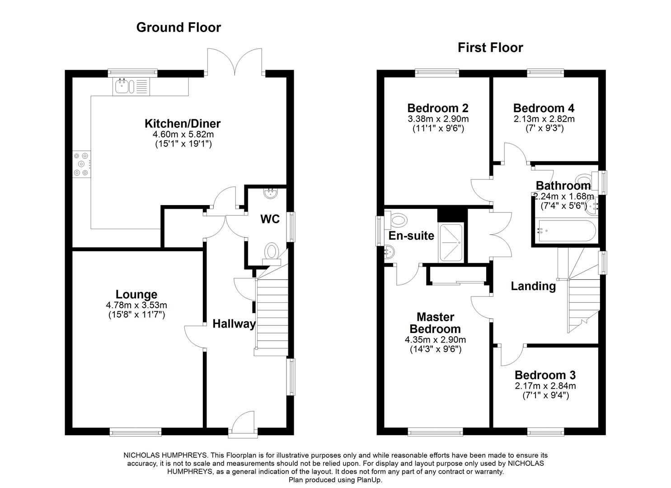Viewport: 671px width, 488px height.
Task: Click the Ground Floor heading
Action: [x=178, y=28]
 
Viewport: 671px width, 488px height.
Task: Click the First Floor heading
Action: [x=490, y=47]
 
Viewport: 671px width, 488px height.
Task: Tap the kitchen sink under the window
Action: [x=123, y=86]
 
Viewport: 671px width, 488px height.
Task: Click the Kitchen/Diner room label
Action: [x=183, y=123]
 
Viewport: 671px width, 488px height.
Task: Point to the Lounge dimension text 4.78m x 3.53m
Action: [x=136, y=305]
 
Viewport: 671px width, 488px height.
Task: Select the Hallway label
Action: [x=234, y=324]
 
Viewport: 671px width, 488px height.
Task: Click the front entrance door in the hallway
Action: [x=243, y=424]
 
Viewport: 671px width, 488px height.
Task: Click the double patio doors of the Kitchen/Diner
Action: [x=235, y=61]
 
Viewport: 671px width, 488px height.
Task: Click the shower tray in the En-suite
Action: [x=451, y=242]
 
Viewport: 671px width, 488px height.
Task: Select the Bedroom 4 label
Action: [x=544, y=108]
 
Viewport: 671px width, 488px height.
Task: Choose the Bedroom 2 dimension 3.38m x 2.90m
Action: [x=438, y=119]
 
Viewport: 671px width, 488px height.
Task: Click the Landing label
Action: [x=533, y=286]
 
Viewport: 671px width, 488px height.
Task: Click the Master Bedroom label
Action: [x=436, y=323]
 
